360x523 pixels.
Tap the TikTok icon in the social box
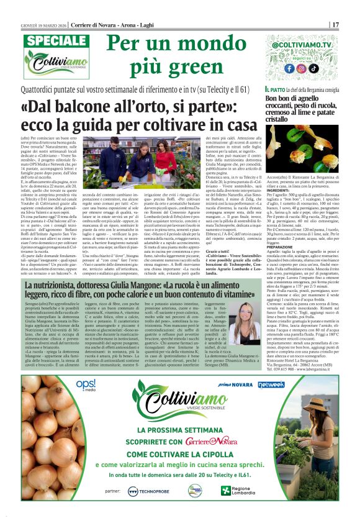click(x=314, y=68)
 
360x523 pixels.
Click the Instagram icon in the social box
click(x=300, y=68)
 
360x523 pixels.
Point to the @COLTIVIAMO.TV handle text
click(x=301, y=46)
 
